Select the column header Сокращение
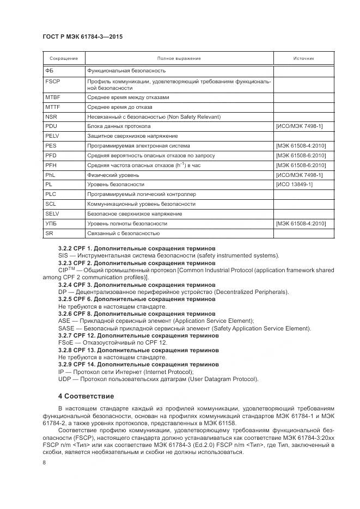pyautogui.click(x=63, y=58)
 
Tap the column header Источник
pyautogui.click(x=303, y=58)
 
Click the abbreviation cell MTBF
pyautogui.click(x=52, y=97)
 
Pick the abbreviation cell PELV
pyautogui.click(x=52, y=136)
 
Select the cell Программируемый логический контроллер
pyautogui.click(x=142, y=194)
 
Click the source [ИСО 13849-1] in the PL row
pyautogui.click(x=294, y=185)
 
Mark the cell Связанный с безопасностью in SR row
pyautogui.click(x=123, y=234)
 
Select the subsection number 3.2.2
pyautogui.click(x=65, y=248)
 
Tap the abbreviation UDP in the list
pyautogui.click(x=65, y=379)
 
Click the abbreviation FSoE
pyautogui.click(x=66, y=343)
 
